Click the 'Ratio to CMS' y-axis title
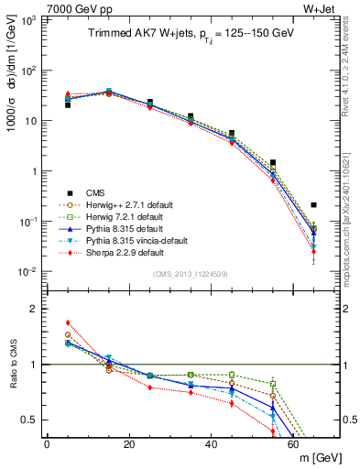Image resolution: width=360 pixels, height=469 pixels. (x=12, y=364)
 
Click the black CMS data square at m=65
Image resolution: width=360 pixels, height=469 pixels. (x=313, y=205)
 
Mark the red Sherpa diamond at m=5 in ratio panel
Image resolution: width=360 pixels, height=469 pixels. (x=68, y=322)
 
